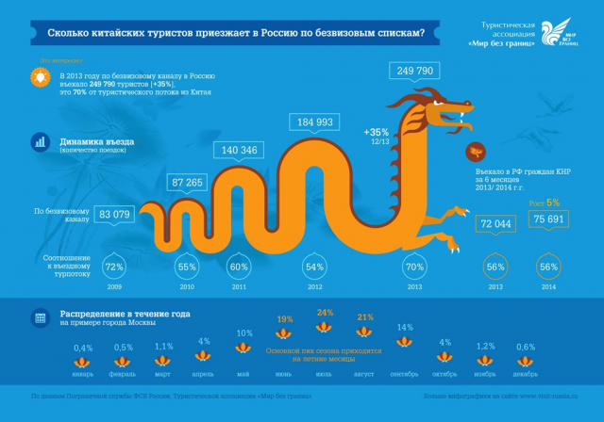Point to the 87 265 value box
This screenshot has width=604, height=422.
pyautogui.click(x=192, y=182)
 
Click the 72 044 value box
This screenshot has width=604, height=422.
pyautogui.click(x=495, y=224)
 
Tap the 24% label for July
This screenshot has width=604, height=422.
pyautogui.click(x=326, y=313)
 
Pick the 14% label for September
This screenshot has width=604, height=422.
pyautogui.click(x=405, y=328)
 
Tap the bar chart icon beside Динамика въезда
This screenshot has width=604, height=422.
pyautogui.click(x=40, y=143)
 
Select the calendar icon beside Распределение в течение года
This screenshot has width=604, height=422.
pyautogui.click(x=40, y=317)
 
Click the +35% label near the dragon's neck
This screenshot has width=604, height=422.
pyautogui.click(x=377, y=132)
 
